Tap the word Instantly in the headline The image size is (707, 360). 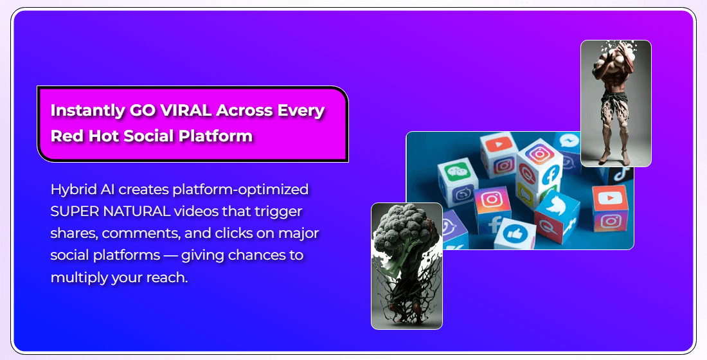[x=87, y=111]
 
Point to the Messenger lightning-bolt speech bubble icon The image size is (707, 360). [x=569, y=141]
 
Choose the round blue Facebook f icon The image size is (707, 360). [x=550, y=174]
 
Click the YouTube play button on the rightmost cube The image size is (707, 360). [x=610, y=197]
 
